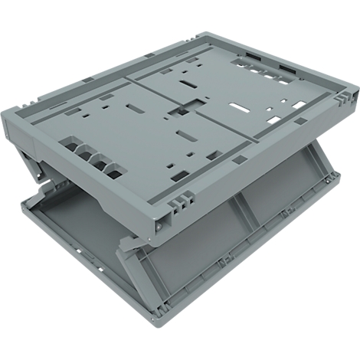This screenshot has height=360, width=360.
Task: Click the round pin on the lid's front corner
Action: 160,227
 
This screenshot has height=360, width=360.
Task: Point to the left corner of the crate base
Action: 23,203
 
